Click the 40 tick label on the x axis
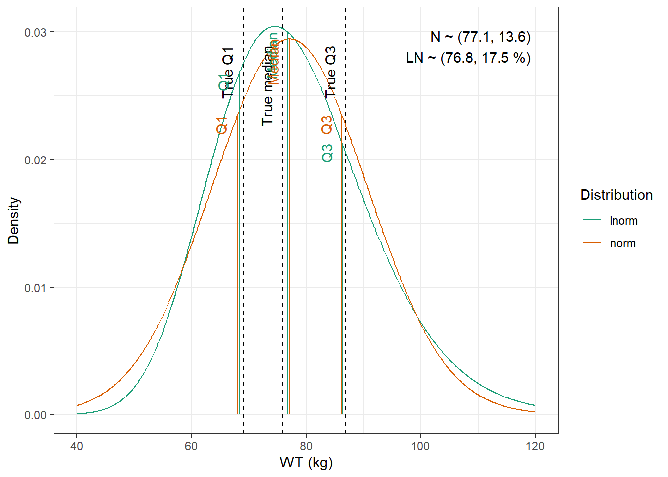[77, 446]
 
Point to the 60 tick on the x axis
[191, 446]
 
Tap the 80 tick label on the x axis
[306, 446]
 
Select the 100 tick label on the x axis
[420, 446]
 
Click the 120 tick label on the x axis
[535, 446]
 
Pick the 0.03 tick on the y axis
[36, 32]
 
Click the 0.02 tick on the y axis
[36, 160]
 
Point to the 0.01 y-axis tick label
[36, 288]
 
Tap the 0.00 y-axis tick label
[36, 415]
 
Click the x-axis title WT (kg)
[306, 463]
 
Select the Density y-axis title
[14, 221]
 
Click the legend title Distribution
[616, 195]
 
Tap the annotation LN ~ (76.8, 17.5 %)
[468, 58]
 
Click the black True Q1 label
[228, 73]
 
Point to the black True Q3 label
[331, 72]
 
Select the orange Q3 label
[327, 125]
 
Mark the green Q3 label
[327, 153]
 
